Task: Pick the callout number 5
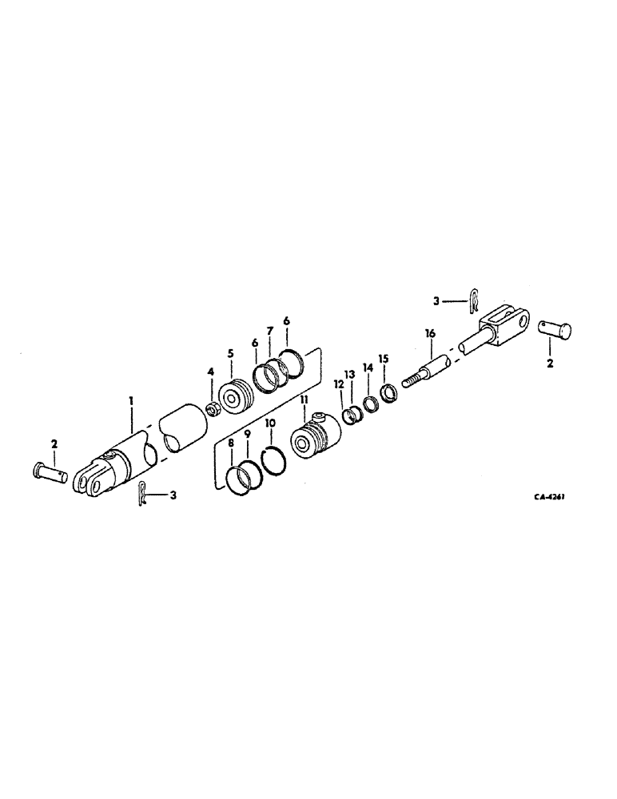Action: point(231,352)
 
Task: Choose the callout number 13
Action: point(349,376)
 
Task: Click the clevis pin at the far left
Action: point(50,471)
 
